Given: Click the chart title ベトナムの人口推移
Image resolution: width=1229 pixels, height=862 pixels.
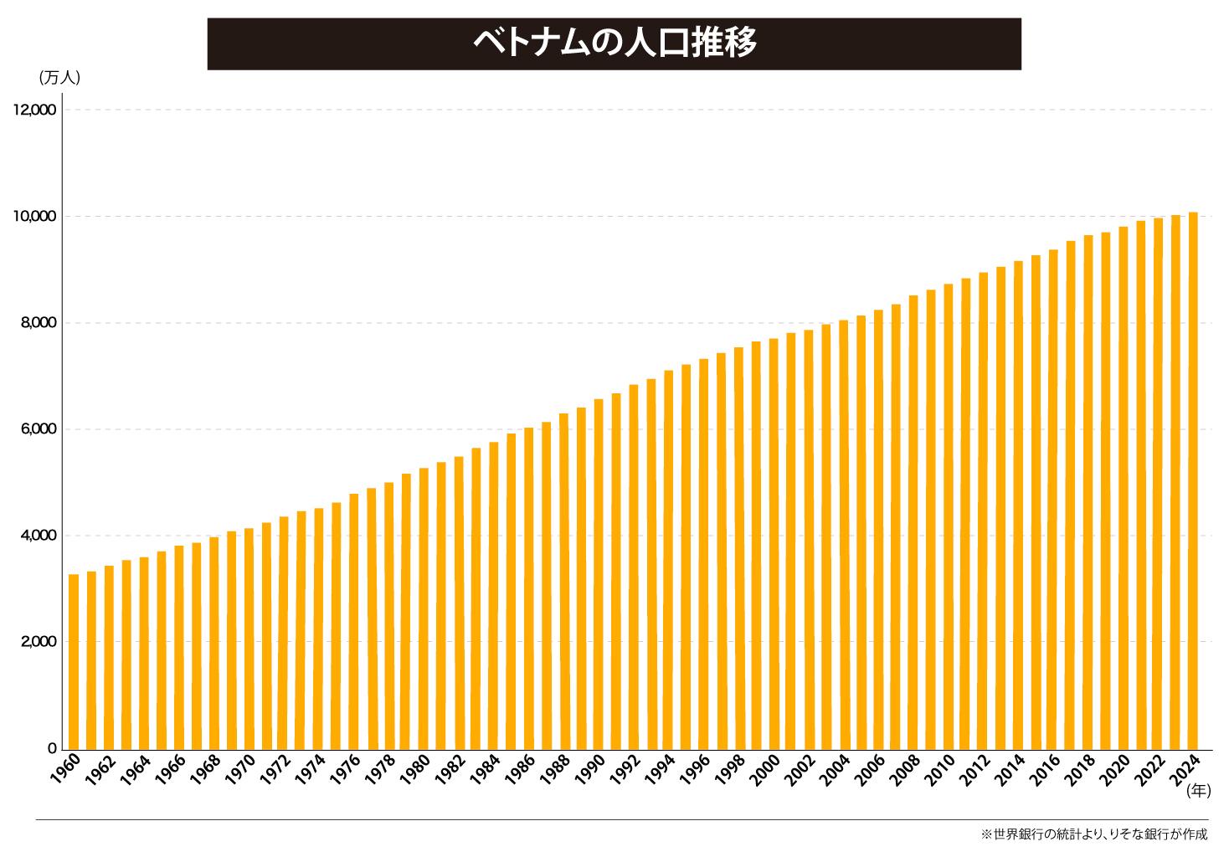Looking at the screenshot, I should coord(614,42).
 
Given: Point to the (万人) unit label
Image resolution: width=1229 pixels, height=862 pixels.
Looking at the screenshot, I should coord(59,78).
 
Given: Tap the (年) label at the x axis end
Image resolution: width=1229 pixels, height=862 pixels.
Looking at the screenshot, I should coord(1198,790).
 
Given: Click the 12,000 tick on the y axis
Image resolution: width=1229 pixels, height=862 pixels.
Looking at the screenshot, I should coord(34,110).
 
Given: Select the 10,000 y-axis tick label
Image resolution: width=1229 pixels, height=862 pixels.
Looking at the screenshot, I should coord(34,217).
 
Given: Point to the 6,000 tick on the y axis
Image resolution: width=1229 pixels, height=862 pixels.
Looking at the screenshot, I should coord(38,429).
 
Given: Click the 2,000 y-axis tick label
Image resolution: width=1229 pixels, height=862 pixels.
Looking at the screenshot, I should coord(38,642).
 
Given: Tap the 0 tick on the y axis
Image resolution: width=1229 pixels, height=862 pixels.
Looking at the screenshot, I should coord(52,748).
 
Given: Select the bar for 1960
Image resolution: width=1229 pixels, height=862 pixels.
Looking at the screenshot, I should coord(74,661).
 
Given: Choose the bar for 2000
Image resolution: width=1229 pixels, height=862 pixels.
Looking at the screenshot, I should coord(774,544).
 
